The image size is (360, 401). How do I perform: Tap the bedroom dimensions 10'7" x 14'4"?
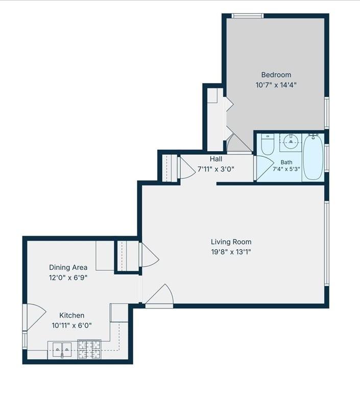pos(276,85)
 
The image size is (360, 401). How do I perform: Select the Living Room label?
pos(231,242)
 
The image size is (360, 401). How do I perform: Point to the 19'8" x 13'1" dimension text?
pos(231,252)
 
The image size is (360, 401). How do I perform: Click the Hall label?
pos(216,159)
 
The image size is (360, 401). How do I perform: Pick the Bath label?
pos(286,162)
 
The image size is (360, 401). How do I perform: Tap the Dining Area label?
pos(68,267)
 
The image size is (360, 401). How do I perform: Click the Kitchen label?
pos(72,315)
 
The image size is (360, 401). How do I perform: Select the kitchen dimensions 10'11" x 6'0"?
pos(72,325)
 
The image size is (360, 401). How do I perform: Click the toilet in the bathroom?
pos(268,144)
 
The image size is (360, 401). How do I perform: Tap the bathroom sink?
pos(291,141)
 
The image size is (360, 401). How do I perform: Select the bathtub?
pos(313,156)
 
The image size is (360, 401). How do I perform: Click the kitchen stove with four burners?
pos(89,349)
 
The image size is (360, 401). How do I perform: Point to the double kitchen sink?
pos(62,349)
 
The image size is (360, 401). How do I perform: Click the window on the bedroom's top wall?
pos(248,16)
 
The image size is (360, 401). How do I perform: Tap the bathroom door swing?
pos(264,168)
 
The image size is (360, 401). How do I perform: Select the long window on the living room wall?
pos(327,243)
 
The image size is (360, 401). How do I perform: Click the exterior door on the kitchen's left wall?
pos(35,317)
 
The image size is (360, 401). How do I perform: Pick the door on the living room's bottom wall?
pos(159,296)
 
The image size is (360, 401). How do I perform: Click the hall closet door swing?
pos(186,168)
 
